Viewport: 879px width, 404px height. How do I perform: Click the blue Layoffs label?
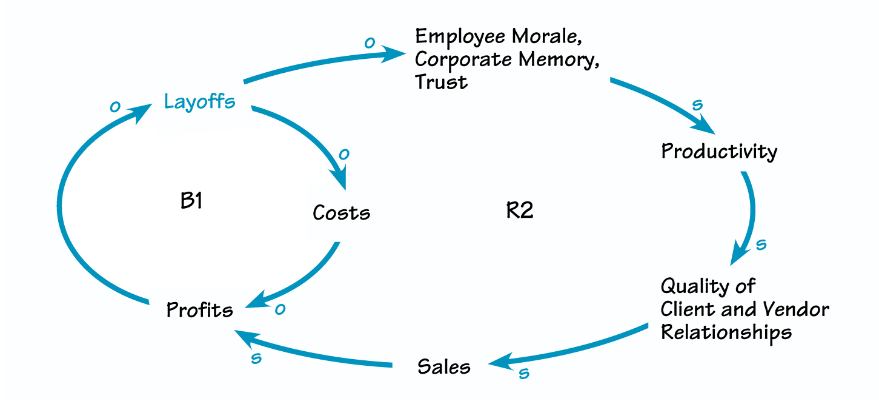(x=199, y=101)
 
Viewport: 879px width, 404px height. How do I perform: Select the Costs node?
(x=341, y=212)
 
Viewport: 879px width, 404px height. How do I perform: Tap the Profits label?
(x=199, y=310)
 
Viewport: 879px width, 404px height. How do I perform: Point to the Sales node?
(x=443, y=367)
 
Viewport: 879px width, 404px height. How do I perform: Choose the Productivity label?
(x=718, y=150)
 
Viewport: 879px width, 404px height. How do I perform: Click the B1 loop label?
(x=191, y=201)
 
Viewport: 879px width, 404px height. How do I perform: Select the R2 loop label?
(x=519, y=211)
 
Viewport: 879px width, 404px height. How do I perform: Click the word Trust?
(x=441, y=81)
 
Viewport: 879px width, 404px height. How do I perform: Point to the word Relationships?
(x=726, y=332)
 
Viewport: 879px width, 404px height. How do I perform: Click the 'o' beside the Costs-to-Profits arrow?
(x=279, y=309)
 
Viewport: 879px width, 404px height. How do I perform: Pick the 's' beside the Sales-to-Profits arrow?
(x=256, y=358)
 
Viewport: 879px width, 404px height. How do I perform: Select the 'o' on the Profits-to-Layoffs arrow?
(x=114, y=106)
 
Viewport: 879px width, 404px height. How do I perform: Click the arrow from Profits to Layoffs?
(x=61, y=200)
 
